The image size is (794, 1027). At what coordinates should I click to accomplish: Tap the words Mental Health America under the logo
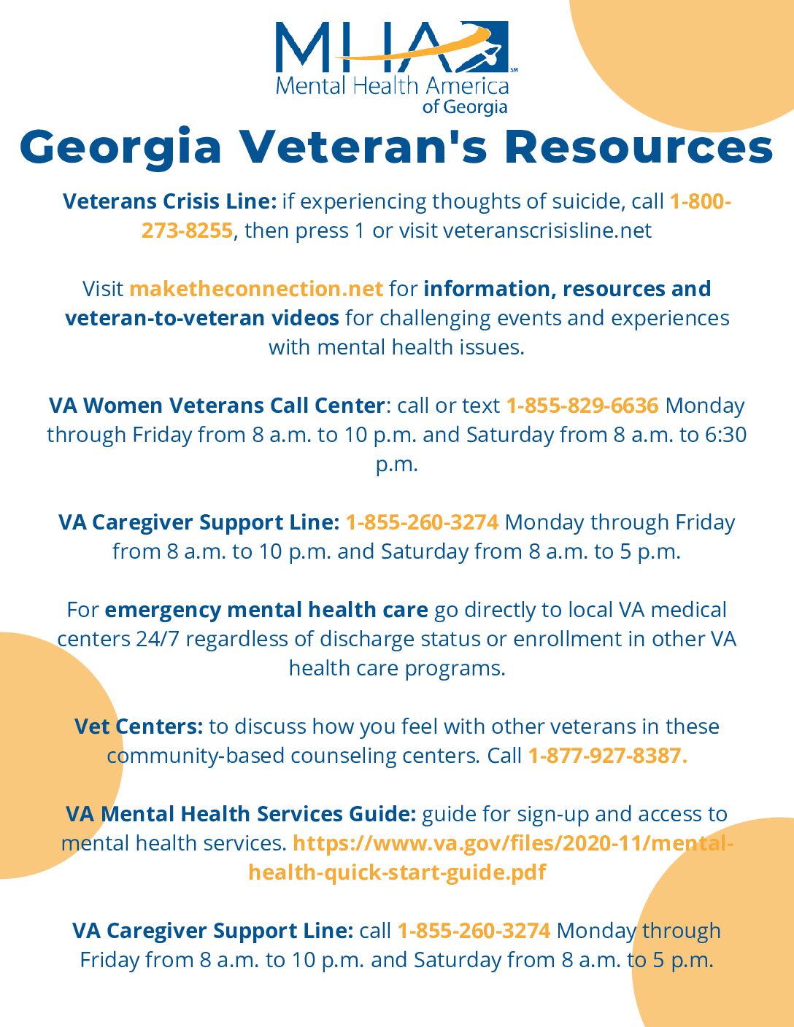click(392, 87)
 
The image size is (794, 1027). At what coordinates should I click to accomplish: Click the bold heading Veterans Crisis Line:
click(169, 201)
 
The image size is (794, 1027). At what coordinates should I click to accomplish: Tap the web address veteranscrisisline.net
click(547, 230)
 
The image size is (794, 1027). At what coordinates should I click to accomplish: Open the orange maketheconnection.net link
click(256, 289)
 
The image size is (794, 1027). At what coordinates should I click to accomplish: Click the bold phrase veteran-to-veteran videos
click(202, 318)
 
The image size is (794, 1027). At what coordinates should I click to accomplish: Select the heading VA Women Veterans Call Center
click(217, 406)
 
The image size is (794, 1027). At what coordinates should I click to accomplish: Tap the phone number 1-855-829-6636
click(582, 406)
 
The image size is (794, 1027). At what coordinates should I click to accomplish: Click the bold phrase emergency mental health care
click(266, 610)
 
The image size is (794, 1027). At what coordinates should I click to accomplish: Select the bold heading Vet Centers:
click(139, 726)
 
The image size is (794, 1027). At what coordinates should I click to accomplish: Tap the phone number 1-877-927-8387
click(607, 756)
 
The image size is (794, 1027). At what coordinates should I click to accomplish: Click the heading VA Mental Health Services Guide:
click(241, 814)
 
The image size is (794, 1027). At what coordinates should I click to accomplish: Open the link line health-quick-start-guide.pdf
click(397, 872)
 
